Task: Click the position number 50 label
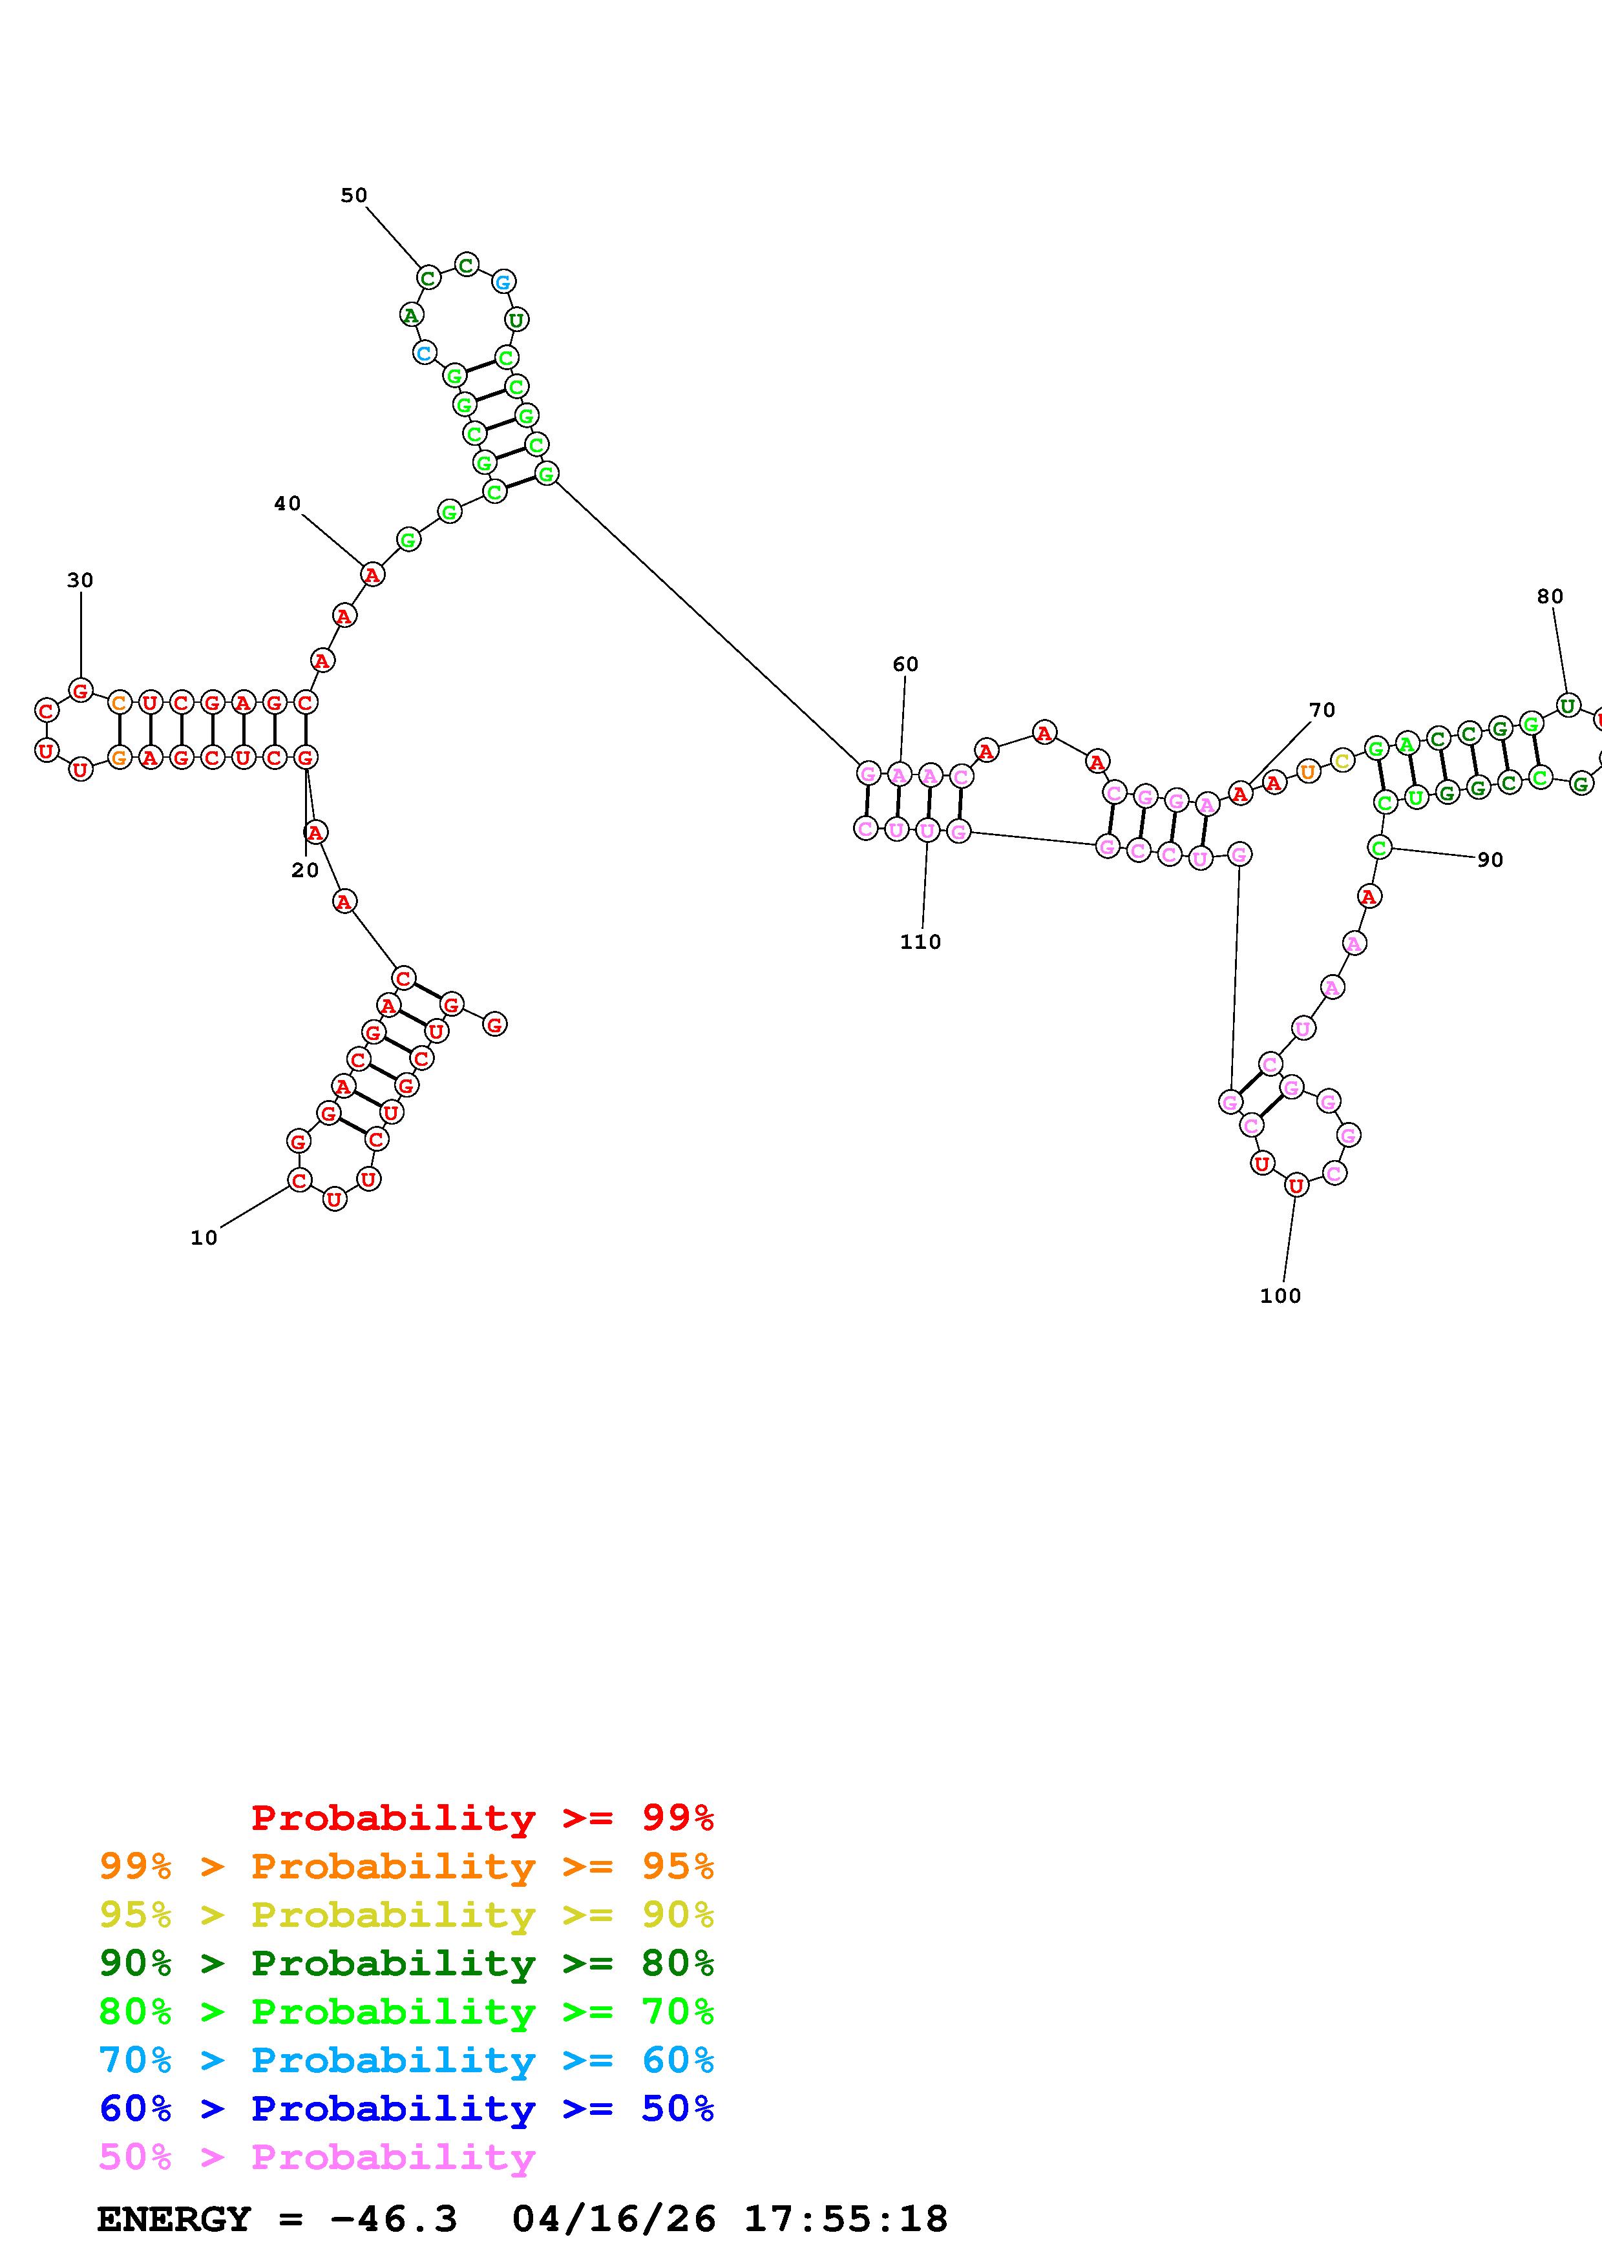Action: click(x=353, y=196)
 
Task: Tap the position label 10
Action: click(x=204, y=1238)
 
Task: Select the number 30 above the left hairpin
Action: click(x=80, y=580)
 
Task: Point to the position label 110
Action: click(x=920, y=942)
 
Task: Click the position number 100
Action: click(x=1280, y=1296)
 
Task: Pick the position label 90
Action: click(x=1490, y=860)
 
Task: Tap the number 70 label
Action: click(x=1322, y=710)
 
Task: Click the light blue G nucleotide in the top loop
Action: click(x=502, y=281)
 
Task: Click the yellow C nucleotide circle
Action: click(x=1340, y=760)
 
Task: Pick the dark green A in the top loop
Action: click(x=410, y=315)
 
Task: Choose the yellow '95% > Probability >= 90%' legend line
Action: click(x=406, y=1915)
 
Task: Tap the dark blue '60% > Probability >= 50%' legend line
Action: click(x=406, y=2108)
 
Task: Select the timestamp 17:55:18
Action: click(x=845, y=2219)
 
